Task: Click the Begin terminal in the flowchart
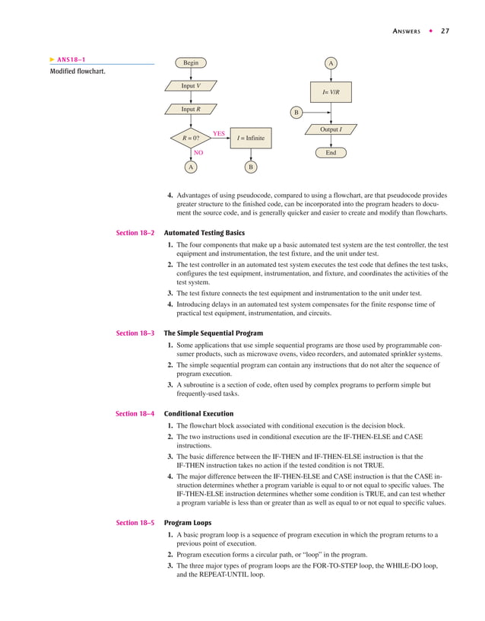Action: pos(190,63)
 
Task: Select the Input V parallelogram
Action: pos(190,86)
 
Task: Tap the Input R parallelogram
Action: pos(190,109)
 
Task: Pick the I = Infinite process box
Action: pos(250,139)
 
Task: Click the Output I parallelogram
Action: pos(331,130)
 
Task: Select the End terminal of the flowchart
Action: pos(331,153)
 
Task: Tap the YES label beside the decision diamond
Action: pos(219,132)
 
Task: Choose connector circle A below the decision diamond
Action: pos(190,167)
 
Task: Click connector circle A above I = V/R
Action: pos(331,63)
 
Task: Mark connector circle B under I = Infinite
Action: pos(250,167)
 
